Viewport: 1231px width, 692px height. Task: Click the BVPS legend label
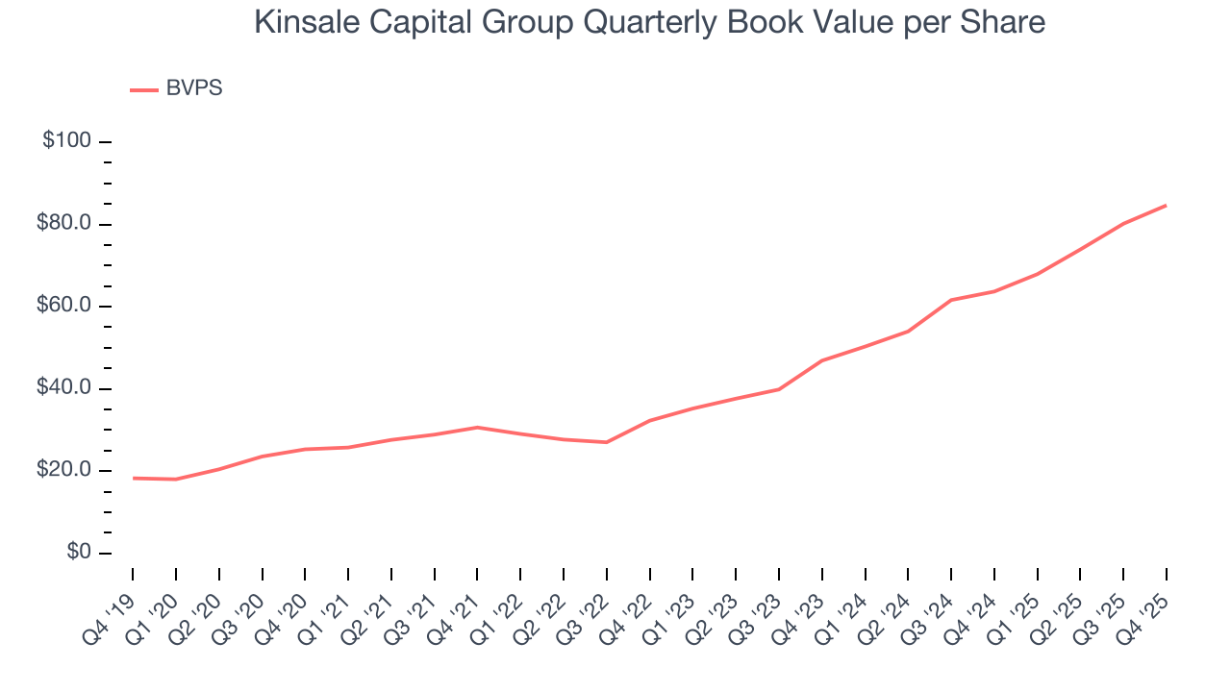pos(194,88)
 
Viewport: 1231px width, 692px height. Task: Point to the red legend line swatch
pos(143,89)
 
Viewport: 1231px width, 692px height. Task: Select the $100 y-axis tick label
pos(66,141)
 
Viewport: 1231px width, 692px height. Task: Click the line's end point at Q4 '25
pos(1167,205)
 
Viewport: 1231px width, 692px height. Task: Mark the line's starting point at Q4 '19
pos(133,478)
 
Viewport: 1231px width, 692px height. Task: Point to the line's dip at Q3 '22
pos(607,442)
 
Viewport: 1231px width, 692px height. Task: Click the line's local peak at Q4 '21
pos(477,427)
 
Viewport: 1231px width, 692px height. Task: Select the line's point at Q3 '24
pos(951,300)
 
